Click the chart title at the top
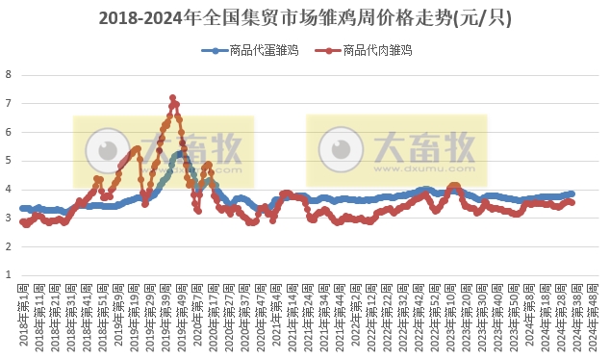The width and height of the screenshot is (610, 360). pos(305,18)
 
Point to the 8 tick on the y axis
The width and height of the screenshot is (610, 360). pos(9,74)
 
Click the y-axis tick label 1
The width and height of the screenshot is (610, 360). pos(9,276)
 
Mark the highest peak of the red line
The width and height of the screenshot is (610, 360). pos(172,98)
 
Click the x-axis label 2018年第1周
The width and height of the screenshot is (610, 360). pos(24,318)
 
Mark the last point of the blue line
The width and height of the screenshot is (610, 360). pos(572,193)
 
